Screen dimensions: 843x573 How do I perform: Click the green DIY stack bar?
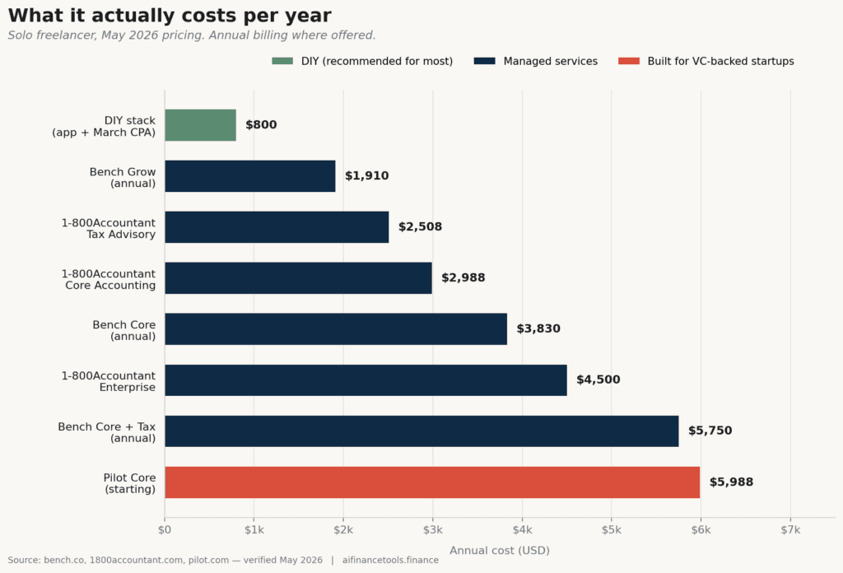201,125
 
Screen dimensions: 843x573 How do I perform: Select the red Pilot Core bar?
432,482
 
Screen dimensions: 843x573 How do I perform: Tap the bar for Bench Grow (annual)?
250,176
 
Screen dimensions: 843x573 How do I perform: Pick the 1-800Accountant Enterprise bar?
366,380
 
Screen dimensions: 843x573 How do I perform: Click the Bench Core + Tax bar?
421,431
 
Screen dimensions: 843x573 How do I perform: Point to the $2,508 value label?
421,227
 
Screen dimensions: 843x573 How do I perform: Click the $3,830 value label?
538,328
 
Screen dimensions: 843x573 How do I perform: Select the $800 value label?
261,124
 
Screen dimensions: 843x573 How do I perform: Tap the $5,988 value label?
731,482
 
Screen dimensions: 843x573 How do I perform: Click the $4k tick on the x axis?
522,530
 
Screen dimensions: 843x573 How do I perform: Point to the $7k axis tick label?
790,530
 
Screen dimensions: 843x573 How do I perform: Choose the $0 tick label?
165,530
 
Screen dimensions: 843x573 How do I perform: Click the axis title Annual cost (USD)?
500,551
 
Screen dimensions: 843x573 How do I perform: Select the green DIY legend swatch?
282,61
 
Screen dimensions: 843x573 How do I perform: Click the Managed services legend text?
551,61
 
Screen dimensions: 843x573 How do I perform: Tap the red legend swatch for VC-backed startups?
629,61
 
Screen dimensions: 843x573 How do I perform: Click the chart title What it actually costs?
170,16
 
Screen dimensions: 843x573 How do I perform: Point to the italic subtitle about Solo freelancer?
191,35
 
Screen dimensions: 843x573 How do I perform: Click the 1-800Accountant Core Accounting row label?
109,280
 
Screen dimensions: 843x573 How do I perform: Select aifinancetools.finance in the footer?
390,560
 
